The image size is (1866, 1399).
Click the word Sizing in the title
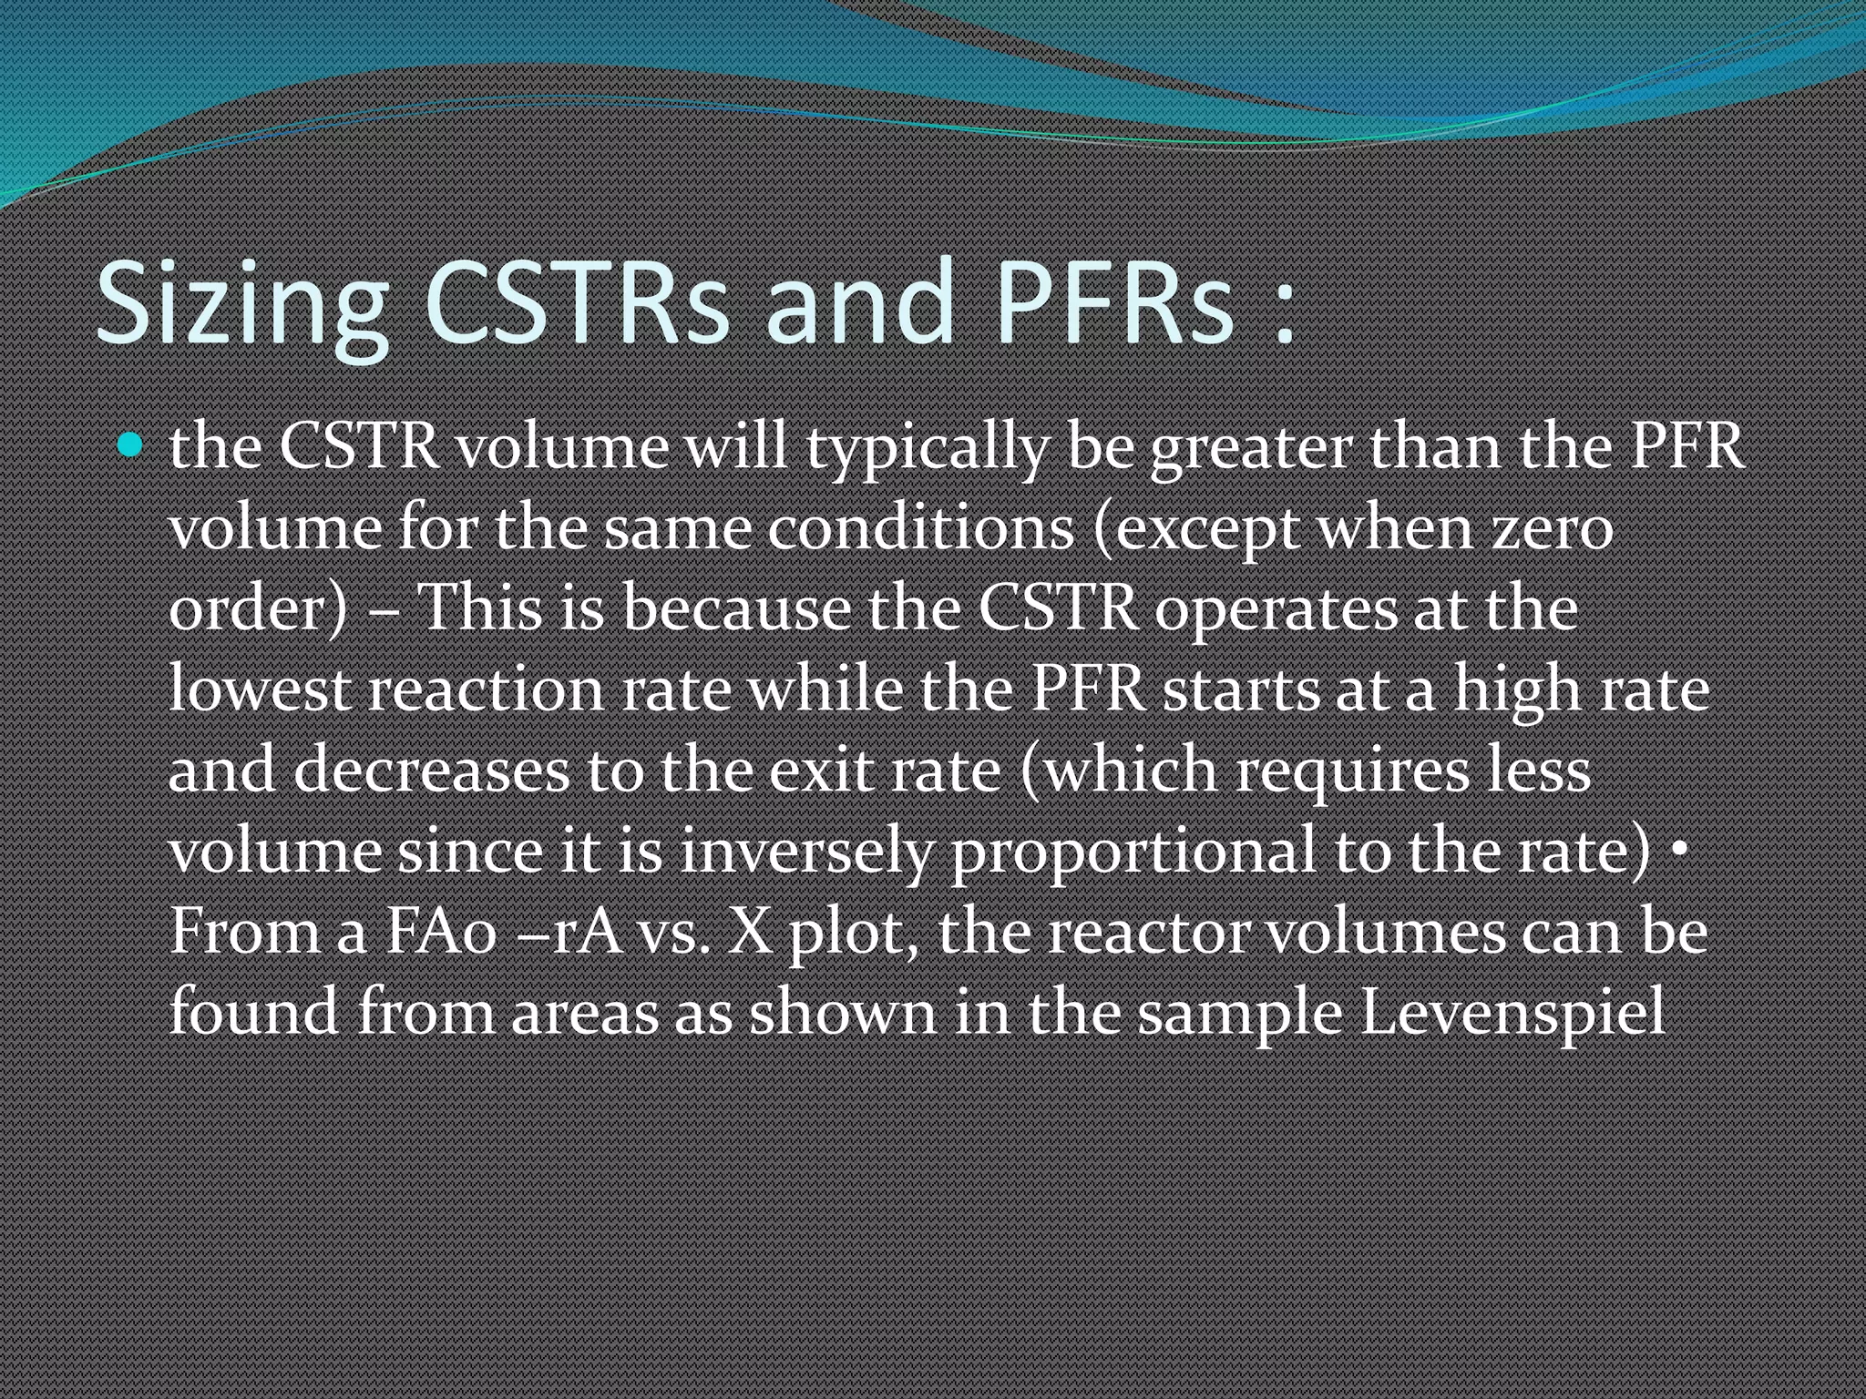pyautogui.click(x=241, y=305)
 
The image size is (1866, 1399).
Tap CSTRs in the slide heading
pyautogui.click(x=576, y=305)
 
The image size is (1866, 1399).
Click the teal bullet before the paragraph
pyautogui.click(x=131, y=445)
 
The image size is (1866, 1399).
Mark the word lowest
pyautogui.click(x=260, y=689)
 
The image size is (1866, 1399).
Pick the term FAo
pyautogui.click(x=441, y=932)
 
